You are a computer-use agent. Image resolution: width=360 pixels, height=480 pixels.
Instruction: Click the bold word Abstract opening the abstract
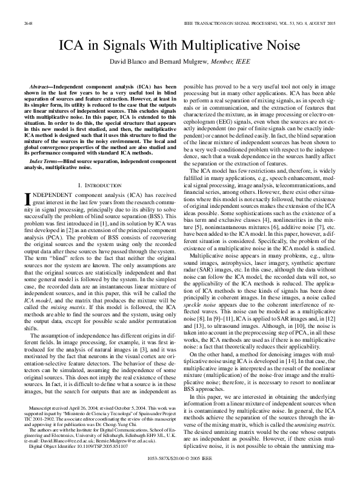pos(36,87)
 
